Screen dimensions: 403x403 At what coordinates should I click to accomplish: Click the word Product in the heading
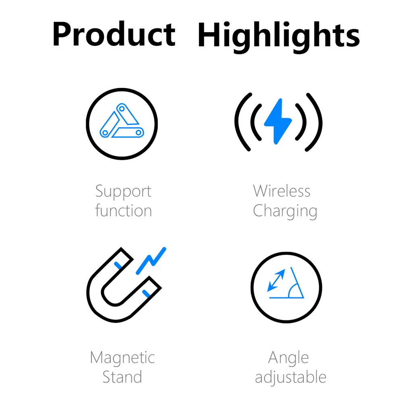click(x=114, y=34)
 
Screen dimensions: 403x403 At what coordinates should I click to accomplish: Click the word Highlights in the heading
click(x=279, y=37)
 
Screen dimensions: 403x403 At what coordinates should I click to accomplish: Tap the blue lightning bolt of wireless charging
click(x=278, y=121)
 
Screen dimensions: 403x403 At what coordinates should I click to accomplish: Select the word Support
click(x=123, y=192)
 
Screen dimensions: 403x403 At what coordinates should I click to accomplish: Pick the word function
click(x=123, y=211)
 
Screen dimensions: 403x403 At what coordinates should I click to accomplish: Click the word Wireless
click(x=282, y=191)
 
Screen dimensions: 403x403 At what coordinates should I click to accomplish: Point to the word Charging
click(x=285, y=211)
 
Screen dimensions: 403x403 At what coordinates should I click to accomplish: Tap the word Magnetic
click(x=123, y=358)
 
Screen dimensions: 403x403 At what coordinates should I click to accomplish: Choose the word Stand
click(x=122, y=377)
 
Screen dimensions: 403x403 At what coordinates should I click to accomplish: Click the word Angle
click(x=289, y=358)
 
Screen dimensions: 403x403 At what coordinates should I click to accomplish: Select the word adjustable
click(x=291, y=377)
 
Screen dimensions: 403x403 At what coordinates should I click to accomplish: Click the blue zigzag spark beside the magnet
click(x=151, y=261)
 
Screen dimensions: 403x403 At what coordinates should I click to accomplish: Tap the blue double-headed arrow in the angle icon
click(x=276, y=280)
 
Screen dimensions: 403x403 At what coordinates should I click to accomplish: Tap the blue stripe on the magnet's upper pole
click(x=118, y=266)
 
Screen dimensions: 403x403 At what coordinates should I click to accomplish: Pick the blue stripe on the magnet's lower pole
click(x=146, y=294)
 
